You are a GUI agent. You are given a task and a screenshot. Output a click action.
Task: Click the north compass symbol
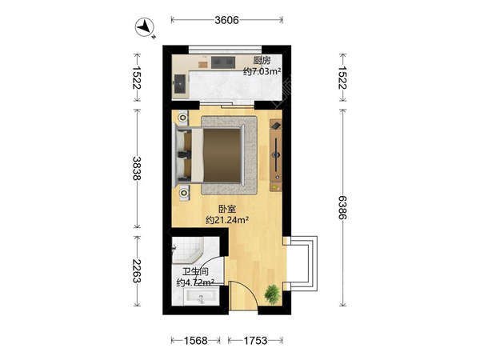tap(145, 27)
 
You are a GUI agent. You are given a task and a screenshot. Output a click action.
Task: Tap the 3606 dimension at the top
tap(226, 20)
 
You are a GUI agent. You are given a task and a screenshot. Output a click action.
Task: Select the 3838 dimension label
tap(137, 168)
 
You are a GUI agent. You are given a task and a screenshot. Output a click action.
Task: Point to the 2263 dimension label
tap(137, 271)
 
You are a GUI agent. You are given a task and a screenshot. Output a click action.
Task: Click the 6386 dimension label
tap(342, 207)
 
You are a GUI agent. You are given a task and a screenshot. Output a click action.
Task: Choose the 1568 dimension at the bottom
tap(195, 341)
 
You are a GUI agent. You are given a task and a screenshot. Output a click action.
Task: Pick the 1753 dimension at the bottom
tap(255, 341)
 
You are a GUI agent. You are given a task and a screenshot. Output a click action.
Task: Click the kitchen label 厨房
tap(262, 61)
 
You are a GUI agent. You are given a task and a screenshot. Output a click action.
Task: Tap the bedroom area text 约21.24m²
tap(227, 220)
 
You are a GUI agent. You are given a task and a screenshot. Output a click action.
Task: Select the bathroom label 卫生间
tap(195, 272)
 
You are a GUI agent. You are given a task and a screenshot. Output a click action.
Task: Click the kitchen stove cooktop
tap(223, 62)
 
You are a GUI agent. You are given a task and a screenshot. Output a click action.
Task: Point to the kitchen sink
tap(180, 83)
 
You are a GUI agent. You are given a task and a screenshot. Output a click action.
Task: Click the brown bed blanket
tap(222, 155)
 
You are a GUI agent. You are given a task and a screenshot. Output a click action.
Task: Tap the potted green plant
tap(272, 294)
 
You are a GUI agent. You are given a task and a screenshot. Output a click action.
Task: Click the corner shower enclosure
tap(187, 250)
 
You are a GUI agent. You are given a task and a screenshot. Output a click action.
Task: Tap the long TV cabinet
tap(276, 155)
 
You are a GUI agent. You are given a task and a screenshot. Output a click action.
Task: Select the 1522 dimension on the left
tap(137, 78)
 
